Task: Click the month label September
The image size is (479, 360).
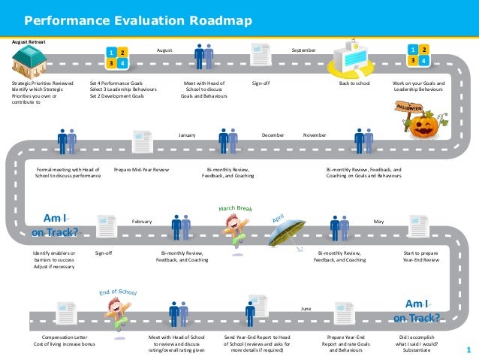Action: pos(303,50)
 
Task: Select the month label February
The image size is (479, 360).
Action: pos(142,222)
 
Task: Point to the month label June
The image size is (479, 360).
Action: pos(306,309)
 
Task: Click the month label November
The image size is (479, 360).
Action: pos(315,135)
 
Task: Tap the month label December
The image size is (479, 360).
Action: pos(272,135)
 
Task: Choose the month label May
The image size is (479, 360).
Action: pos(378,222)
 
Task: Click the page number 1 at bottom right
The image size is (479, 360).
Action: pos(468,349)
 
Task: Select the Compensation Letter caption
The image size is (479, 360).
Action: pos(64,337)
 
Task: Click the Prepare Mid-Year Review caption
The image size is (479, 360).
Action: pos(141,170)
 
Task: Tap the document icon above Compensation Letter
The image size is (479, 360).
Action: pos(64,313)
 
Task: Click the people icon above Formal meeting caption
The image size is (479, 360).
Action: pos(66,141)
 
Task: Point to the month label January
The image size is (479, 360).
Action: pos(187,135)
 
